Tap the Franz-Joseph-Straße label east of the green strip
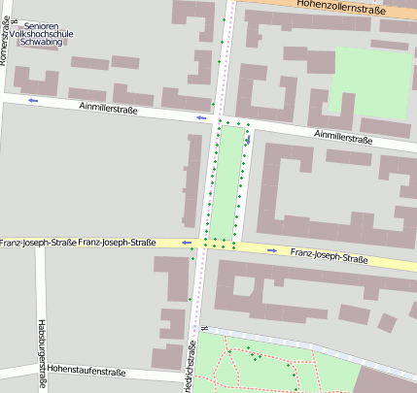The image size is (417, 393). [x=329, y=258]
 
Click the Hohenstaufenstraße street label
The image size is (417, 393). [x=87, y=371]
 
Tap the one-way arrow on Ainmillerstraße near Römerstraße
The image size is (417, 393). [x=33, y=100]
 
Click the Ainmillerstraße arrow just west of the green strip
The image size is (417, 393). [x=202, y=118]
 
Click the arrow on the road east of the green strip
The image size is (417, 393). [x=248, y=140]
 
